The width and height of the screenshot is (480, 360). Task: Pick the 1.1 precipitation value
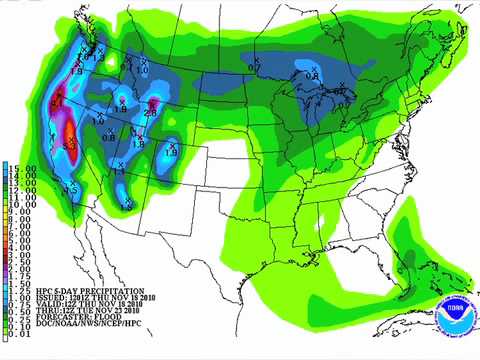point(120,172)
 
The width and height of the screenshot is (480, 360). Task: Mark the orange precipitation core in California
point(69,132)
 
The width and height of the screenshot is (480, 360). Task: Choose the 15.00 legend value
point(21,168)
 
